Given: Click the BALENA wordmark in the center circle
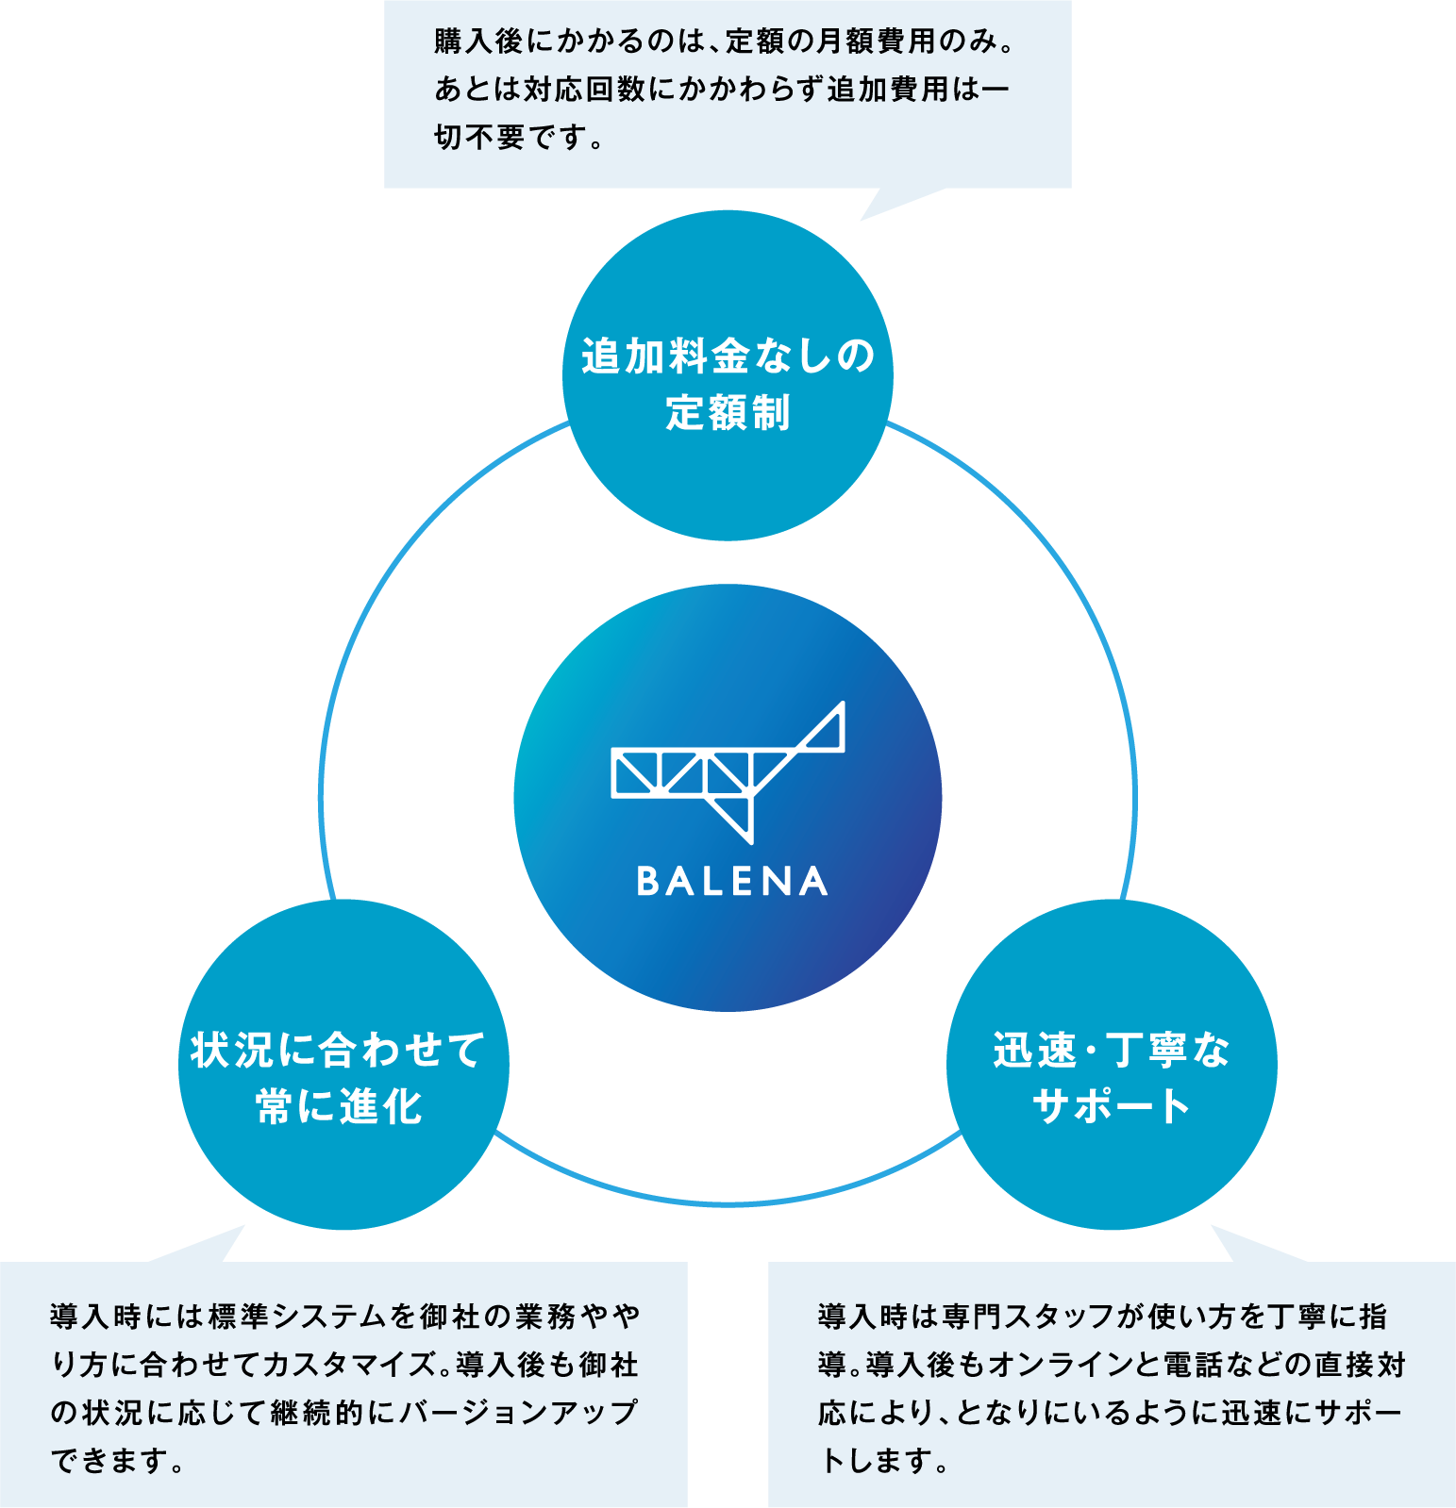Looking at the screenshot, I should (x=731, y=881).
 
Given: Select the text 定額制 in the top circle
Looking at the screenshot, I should (x=728, y=413).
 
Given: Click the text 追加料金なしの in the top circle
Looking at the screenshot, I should (x=728, y=356).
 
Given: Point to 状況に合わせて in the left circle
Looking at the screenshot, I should (x=339, y=1050).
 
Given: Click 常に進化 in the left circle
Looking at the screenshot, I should (x=339, y=1106).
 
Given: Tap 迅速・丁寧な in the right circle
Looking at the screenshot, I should (x=1112, y=1050).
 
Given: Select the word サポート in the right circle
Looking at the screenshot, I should (x=1112, y=1106).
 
